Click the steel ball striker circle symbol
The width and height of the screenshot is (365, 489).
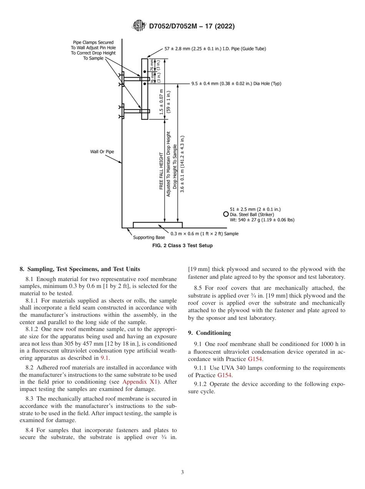226,214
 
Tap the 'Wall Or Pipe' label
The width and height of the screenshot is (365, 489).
102,152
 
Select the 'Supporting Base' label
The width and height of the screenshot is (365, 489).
149,237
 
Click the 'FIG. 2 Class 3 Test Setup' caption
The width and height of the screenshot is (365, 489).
182,246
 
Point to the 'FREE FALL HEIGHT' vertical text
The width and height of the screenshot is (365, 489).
161,171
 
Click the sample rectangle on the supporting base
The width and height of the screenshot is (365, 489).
158,225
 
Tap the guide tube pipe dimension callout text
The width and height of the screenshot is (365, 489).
215,49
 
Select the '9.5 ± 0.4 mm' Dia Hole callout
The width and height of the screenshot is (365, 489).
236,83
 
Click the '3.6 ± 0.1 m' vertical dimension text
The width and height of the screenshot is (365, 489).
183,163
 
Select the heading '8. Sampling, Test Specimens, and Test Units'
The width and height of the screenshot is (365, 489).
80,269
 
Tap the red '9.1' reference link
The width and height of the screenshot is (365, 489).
105,358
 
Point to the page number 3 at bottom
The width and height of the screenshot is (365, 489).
182,472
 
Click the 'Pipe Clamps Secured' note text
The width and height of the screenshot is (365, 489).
93,42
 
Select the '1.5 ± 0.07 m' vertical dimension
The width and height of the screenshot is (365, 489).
162,102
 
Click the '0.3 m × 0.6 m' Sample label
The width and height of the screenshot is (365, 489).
204,234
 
